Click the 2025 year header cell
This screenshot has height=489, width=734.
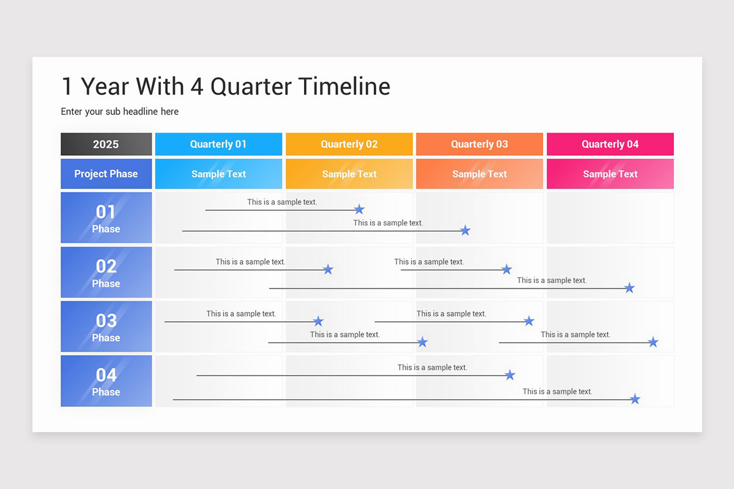pyautogui.click(x=106, y=144)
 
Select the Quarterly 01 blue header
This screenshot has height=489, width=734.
pyautogui.click(x=218, y=144)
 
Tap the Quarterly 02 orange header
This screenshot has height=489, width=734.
pyautogui.click(x=349, y=144)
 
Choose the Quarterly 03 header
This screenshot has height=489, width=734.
pyautogui.click(x=480, y=144)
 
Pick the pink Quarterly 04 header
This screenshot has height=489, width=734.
pyautogui.click(x=610, y=144)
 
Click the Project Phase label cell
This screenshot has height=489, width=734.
pyautogui.click(x=106, y=174)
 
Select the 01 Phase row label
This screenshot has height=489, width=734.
pyautogui.click(x=106, y=218)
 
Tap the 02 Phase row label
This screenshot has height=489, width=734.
pyautogui.click(x=106, y=273)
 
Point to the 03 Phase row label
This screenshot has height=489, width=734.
pyautogui.click(x=106, y=327)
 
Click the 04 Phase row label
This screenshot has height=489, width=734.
pyautogui.click(x=106, y=381)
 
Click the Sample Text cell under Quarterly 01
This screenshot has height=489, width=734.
pyautogui.click(x=218, y=174)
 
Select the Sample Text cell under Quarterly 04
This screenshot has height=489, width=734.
pyautogui.click(x=610, y=174)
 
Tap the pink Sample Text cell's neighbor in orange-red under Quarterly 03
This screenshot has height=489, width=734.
pyautogui.click(x=480, y=174)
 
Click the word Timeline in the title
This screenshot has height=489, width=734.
pyautogui.click(x=344, y=87)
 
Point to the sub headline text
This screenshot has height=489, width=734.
pyautogui.click(x=120, y=111)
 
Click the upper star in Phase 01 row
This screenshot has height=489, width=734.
pyautogui.click(x=359, y=209)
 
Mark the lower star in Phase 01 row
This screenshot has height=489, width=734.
pyautogui.click(x=465, y=230)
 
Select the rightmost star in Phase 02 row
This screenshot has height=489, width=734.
pyautogui.click(x=629, y=288)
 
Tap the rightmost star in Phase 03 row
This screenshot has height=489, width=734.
pyautogui.click(x=653, y=342)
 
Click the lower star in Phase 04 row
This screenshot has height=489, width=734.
pyautogui.click(x=635, y=399)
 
